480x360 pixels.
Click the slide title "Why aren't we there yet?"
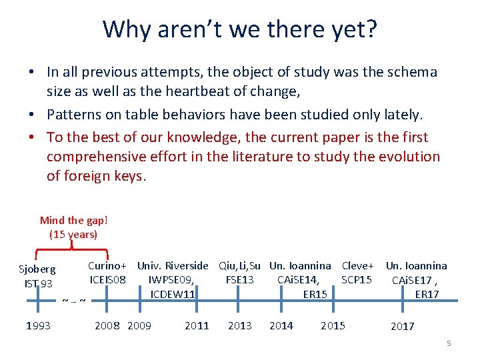239,29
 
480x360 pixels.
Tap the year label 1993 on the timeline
38,326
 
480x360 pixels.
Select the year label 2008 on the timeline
107,326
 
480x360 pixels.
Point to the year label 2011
196,326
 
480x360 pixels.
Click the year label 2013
240,326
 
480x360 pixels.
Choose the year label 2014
281,326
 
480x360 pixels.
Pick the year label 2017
402,327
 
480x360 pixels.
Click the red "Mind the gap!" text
73,220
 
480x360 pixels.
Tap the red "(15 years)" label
73,234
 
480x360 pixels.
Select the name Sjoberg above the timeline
37,270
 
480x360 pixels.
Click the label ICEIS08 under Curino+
107,279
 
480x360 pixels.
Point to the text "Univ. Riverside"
173,265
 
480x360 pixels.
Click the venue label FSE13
240,279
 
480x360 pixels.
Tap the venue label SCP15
357,279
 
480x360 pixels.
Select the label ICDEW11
173,294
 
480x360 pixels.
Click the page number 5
449,343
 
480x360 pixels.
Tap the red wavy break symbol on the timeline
73,301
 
